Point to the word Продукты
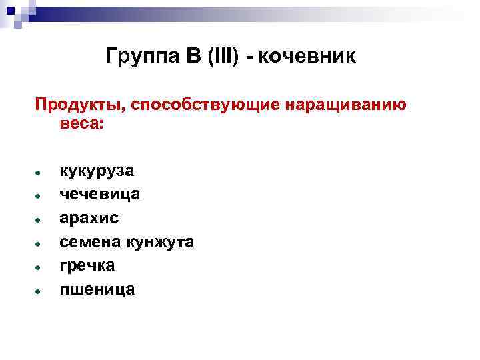(x=80, y=105)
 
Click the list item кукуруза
(x=97, y=171)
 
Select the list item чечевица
(x=100, y=195)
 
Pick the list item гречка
(x=87, y=265)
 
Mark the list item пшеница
(x=97, y=289)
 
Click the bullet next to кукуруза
(x=41, y=172)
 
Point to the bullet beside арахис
(x=41, y=219)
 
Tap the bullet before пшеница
(x=41, y=289)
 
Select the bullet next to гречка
(x=41, y=266)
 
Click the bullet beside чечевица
(x=41, y=195)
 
